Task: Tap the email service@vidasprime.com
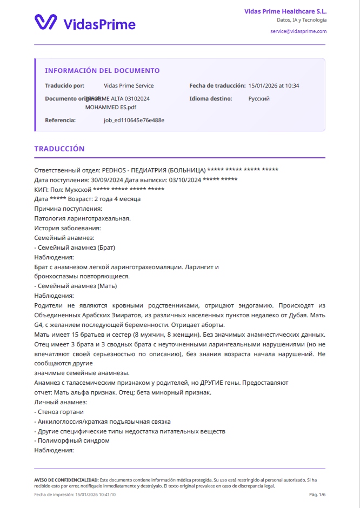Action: pos(298,31)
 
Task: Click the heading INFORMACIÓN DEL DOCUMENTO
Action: pos(102,71)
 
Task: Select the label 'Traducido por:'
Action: pos(65,85)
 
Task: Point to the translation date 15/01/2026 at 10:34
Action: pos(274,85)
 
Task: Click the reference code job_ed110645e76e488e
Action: pos(134,120)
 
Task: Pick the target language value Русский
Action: pos(259,99)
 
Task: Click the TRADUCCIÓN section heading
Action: pos(59,149)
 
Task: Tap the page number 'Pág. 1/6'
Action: pos(317,494)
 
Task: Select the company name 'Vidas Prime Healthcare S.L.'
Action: pos(285,11)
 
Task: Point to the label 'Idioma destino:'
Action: pos(211,99)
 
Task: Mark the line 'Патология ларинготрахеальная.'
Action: pos(82,218)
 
